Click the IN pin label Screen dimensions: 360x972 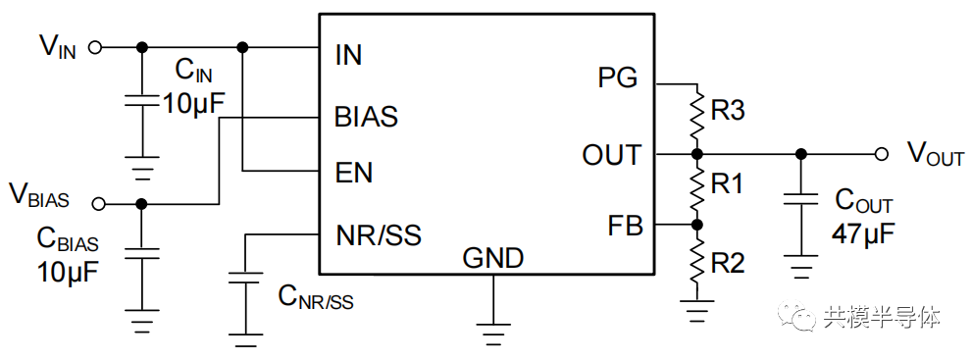348,55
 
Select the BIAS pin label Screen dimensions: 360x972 366,117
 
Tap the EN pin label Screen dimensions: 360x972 353,173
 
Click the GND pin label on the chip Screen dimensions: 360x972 492,258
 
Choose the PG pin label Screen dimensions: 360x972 618,77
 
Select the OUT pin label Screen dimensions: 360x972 611,155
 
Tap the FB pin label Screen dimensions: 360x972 625,226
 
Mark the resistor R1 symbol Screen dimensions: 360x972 696,189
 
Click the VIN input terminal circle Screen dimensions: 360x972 96,46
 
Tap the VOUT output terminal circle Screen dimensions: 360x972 882,154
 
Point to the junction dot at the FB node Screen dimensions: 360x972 696,225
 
